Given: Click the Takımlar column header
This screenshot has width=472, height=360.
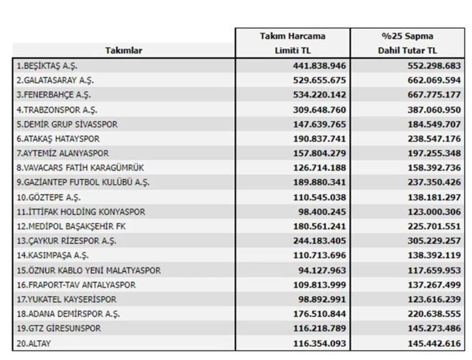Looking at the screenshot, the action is [x=124, y=50].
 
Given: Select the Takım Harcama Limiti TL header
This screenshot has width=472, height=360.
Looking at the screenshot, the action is [x=293, y=43].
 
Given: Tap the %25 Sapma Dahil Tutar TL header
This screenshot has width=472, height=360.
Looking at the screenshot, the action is [x=407, y=43].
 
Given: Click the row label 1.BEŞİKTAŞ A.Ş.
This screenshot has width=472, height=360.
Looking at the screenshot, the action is [x=47, y=65].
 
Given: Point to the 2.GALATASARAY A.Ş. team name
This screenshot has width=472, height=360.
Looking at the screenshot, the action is [x=55, y=80].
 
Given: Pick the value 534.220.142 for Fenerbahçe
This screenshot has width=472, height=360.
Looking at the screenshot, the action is [x=320, y=95].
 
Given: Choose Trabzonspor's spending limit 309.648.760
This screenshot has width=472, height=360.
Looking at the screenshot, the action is [x=320, y=110].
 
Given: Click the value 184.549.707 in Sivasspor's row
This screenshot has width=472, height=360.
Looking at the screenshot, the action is [x=434, y=124].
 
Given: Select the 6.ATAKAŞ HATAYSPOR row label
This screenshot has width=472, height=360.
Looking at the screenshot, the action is [x=58, y=139].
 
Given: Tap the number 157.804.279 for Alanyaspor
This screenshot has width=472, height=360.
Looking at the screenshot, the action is [x=320, y=153].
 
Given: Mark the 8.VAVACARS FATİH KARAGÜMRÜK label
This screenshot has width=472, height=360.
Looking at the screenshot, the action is [x=80, y=168].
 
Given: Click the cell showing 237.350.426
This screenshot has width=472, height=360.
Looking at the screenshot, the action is [x=434, y=182].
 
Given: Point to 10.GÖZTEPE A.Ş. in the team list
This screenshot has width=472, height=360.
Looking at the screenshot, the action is [x=49, y=198].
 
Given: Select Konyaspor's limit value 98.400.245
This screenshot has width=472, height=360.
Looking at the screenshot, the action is [x=322, y=212].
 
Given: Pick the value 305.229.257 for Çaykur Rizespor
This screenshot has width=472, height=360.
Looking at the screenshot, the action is [x=434, y=241].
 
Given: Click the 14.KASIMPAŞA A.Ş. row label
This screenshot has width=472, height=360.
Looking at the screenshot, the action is [x=53, y=255].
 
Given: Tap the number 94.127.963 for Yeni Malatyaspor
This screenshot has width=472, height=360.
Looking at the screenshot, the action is [x=322, y=270].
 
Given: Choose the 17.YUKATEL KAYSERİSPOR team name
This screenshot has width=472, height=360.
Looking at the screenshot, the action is [x=66, y=300].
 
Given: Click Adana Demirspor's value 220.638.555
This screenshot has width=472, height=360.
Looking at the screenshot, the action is [x=434, y=313].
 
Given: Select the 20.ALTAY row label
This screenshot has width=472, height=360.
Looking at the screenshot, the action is [x=34, y=343].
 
